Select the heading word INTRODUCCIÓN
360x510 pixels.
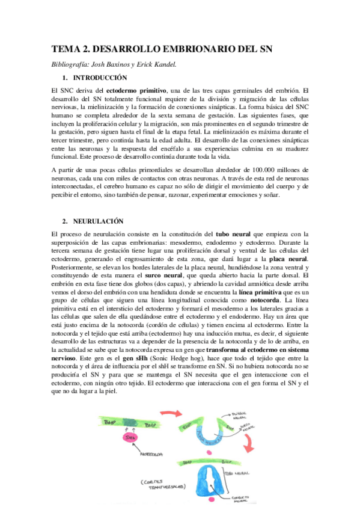[100, 78]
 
